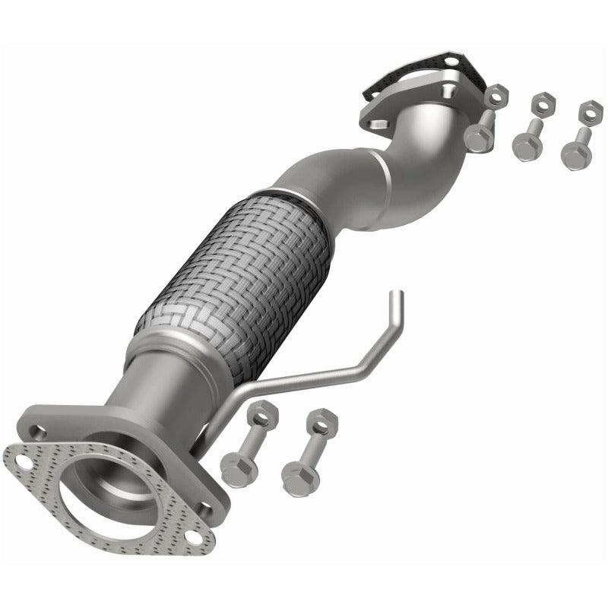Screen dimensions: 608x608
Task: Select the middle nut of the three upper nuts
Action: [x=541, y=103]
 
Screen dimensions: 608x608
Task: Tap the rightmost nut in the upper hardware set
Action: [x=587, y=112]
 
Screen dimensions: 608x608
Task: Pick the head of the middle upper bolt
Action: [x=525, y=147]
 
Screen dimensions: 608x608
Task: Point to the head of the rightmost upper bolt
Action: [x=575, y=157]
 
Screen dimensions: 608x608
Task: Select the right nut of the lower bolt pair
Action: [x=321, y=420]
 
